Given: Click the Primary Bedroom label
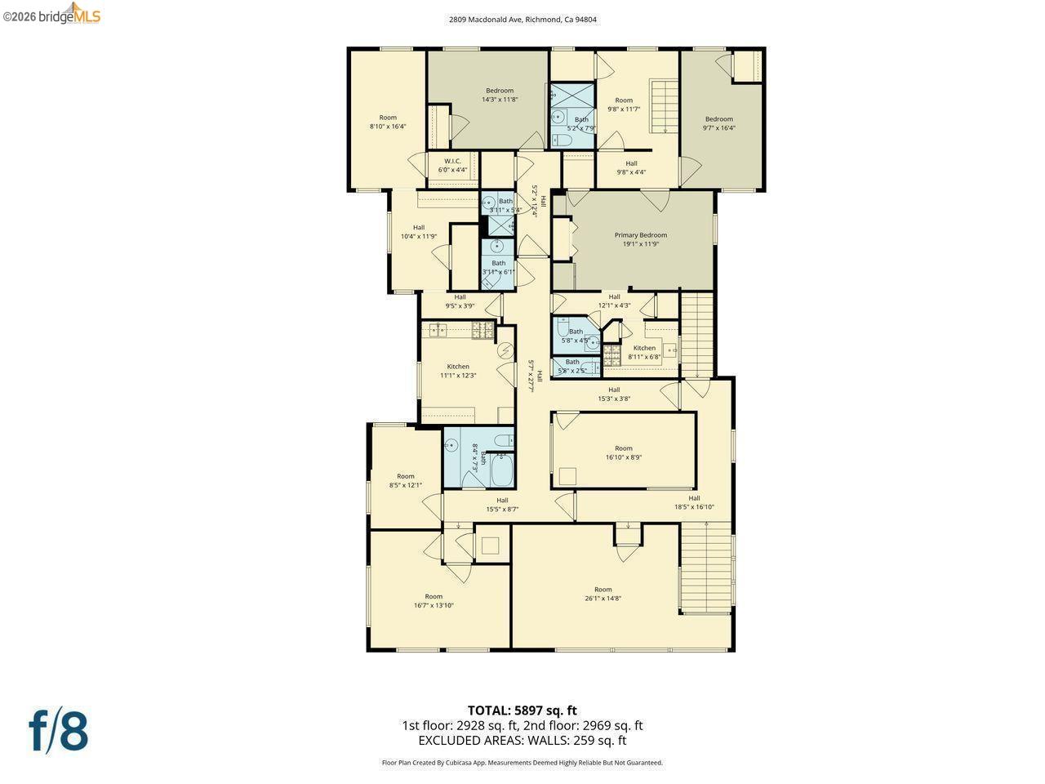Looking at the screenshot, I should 640,235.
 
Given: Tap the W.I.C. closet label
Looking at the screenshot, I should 452,161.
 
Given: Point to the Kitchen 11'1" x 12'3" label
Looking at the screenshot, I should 458,367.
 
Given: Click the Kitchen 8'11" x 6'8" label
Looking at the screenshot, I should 644,348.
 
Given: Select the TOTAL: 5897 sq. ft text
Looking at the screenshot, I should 522,710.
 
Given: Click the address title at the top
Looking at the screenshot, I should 522,20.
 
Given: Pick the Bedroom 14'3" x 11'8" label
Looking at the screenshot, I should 500,91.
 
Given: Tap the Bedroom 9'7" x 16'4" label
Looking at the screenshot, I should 718,119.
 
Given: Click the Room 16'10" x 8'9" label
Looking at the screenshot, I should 623,448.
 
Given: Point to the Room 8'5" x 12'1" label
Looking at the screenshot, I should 405,476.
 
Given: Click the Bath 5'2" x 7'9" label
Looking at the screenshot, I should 580,120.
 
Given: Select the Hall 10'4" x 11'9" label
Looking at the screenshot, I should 418,228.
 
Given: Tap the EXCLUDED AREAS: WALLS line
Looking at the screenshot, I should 522,741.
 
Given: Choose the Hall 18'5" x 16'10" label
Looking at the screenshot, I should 693,498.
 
